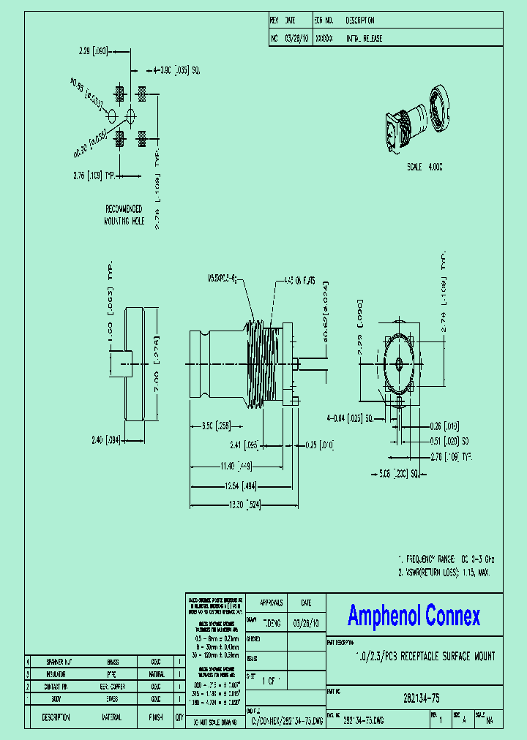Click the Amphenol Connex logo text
pyautogui.click(x=414, y=616)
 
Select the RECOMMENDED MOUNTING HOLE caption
pyautogui.click(x=125, y=214)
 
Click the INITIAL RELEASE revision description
pyautogui.click(x=364, y=38)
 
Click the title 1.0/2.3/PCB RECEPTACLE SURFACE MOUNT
pyautogui.click(x=425, y=657)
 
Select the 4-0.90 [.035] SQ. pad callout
pyautogui.click(x=176, y=70)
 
